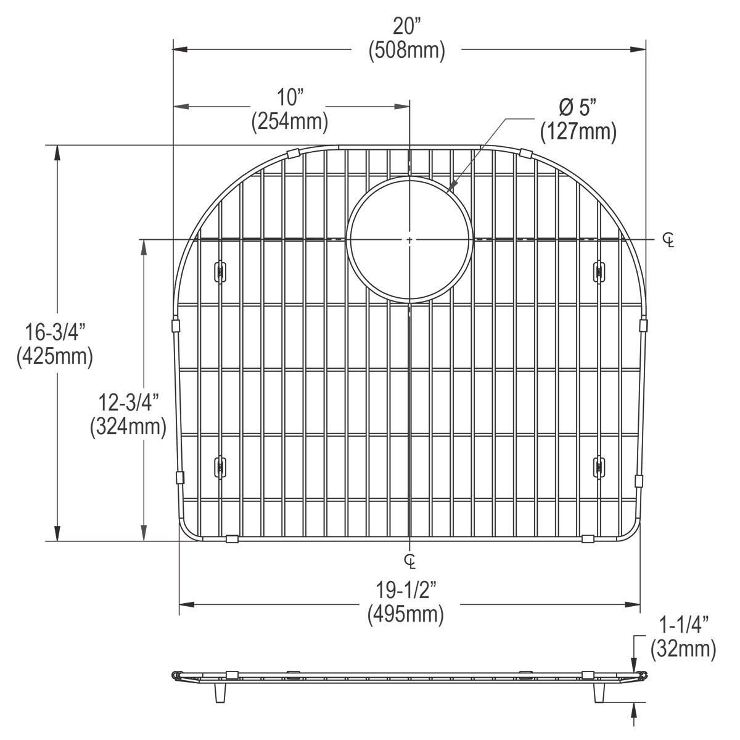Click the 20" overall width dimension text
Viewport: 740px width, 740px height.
click(x=407, y=28)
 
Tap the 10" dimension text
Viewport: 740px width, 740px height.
click(x=290, y=97)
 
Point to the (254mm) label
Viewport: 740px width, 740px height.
click(x=289, y=121)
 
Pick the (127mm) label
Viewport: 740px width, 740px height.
click(x=578, y=131)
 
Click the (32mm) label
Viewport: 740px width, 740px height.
click(x=683, y=649)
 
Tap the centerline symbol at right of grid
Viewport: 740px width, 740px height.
click(x=668, y=240)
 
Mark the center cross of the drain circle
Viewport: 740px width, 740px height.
click(x=410, y=239)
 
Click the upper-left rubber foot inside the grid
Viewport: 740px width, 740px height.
click(x=219, y=271)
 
